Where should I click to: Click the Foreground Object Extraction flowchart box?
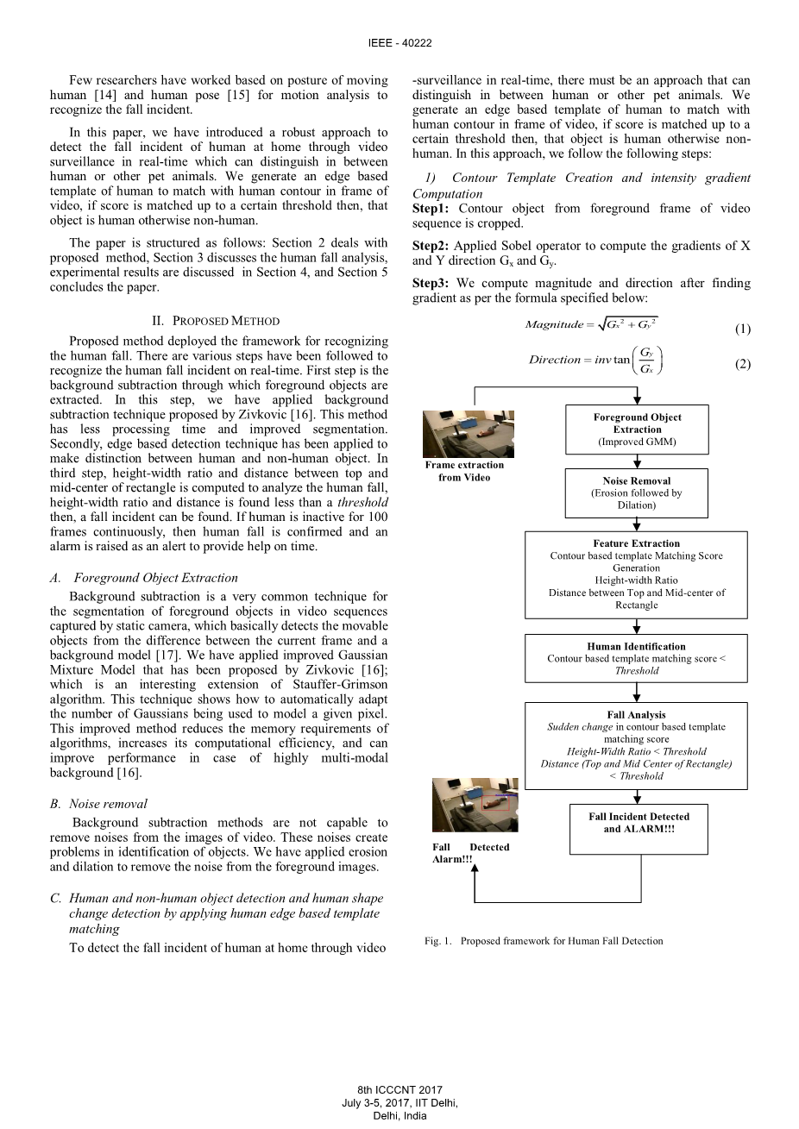pos(637,430)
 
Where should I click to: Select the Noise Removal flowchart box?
pos(637,492)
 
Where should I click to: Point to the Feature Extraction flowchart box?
pos(637,574)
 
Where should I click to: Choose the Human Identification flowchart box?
pos(637,658)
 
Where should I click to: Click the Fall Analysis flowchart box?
pos(637,745)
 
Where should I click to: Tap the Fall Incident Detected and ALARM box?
pos(639,828)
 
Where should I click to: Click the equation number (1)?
pos(743,329)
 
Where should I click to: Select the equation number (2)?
pos(743,364)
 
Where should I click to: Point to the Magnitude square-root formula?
pos(591,324)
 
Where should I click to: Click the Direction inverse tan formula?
pos(596,360)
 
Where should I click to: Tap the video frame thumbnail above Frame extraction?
pos(469,434)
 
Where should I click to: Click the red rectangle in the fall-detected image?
pos(494,803)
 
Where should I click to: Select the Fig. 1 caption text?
pos(544,941)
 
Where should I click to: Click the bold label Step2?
pos(431,246)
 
